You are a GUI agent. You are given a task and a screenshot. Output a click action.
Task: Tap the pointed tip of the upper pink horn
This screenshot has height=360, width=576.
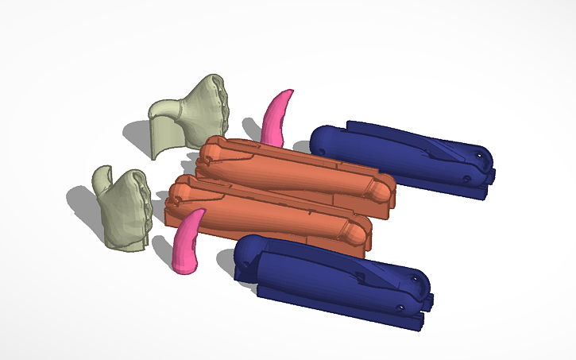tap(291, 91)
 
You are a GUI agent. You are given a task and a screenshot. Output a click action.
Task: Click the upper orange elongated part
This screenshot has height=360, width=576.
tap(294, 171)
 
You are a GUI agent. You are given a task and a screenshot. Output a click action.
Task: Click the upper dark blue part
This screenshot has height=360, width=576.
tap(397, 155)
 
